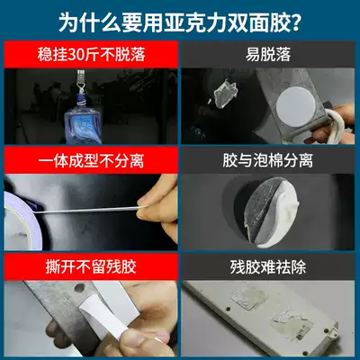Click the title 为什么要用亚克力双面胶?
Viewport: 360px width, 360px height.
[180, 22]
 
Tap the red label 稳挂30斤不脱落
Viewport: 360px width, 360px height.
[91, 55]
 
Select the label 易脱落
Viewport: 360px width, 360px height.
[268, 55]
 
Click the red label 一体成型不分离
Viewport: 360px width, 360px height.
[91, 160]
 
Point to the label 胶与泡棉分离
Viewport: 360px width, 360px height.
[268, 160]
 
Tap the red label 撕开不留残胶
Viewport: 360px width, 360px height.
[91, 266]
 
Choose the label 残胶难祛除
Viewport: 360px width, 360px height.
[268, 266]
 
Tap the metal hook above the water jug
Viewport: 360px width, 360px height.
[80, 80]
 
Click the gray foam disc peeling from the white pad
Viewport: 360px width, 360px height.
[260, 207]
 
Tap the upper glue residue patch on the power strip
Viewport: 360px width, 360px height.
[249, 299]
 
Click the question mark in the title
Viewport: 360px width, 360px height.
[295, 22]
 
